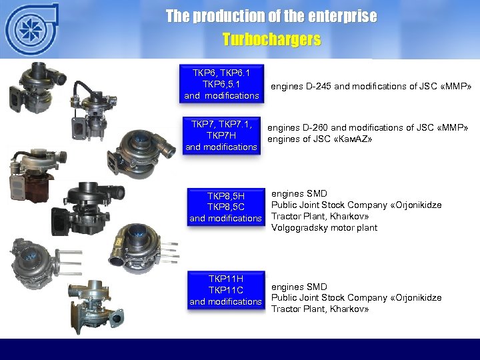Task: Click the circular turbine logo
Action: pos(30,30)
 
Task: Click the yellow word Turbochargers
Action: pos(271,40)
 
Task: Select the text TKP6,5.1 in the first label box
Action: pos(221,85)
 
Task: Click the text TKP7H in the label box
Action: pos(221,135)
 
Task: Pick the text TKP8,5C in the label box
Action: pos(226,207)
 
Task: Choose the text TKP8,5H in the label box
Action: pos(226,196)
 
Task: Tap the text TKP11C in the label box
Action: pos(226,290)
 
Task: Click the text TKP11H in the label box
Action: pos(226,279)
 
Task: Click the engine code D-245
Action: pos(319,86)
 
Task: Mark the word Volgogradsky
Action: pos(299,227)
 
